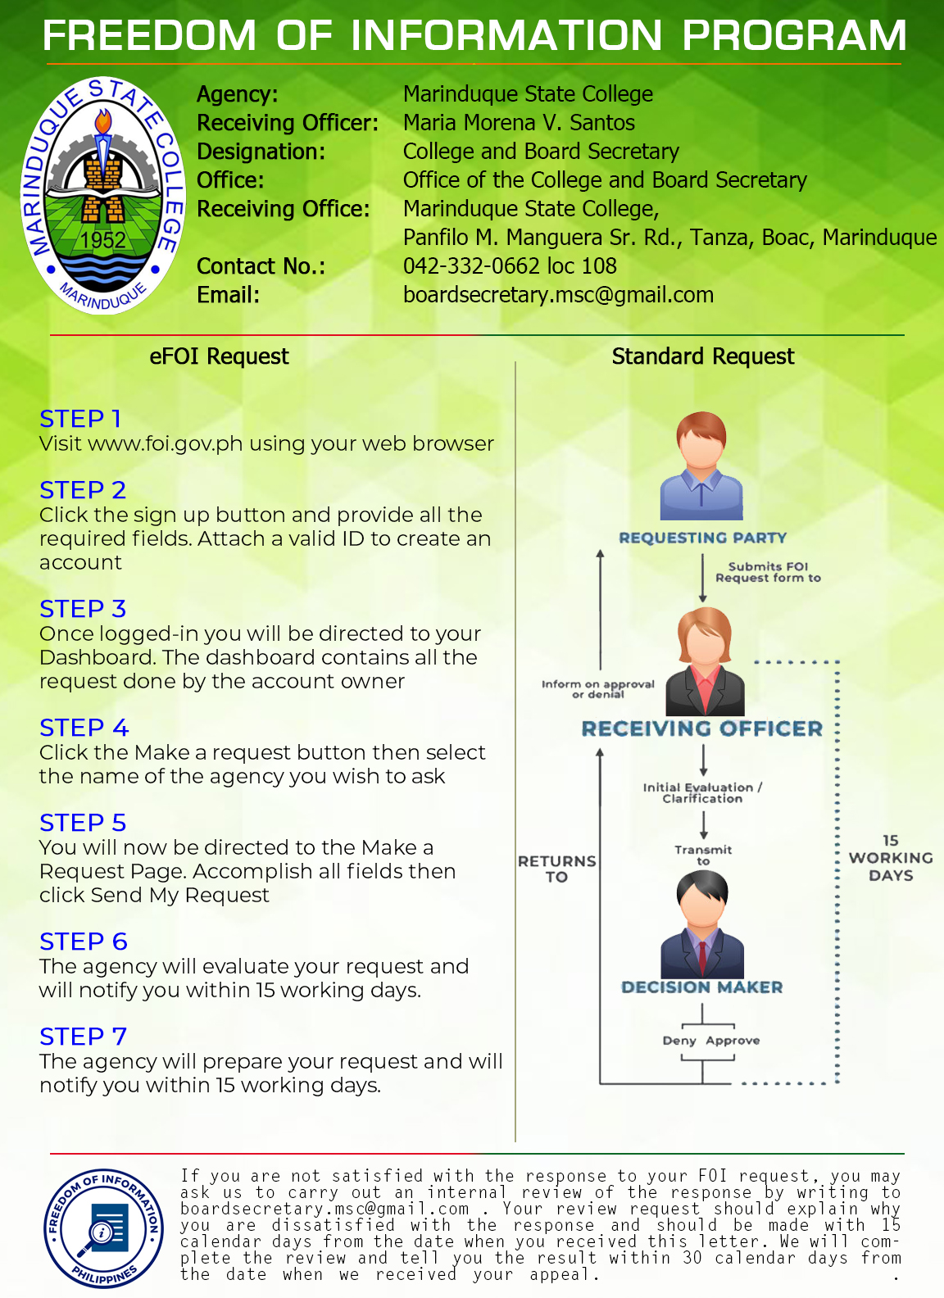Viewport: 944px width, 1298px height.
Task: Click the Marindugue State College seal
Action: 103,195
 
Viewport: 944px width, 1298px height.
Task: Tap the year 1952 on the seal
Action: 103,240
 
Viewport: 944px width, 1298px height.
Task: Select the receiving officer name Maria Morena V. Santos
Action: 519,122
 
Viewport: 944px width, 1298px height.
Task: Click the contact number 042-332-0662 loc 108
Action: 510,266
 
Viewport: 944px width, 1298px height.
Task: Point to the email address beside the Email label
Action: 558,295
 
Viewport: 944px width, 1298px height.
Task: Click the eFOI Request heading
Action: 219,356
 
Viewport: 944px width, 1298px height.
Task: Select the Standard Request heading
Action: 703,356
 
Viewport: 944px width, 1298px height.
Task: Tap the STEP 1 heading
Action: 80,419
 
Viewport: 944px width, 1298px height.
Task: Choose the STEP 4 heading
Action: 84,728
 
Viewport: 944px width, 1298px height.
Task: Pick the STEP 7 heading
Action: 84,1037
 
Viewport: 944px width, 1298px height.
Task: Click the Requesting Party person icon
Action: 701,465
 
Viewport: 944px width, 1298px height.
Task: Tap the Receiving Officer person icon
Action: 705,661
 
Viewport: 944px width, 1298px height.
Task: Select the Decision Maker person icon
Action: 702,925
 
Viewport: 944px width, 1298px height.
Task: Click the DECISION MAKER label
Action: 701,987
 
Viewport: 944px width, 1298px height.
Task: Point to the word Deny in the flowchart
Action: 679,1041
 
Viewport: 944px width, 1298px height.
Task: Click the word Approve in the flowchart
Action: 733,1041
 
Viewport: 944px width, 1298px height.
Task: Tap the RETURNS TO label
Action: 557,869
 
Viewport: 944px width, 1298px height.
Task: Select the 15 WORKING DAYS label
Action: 891,858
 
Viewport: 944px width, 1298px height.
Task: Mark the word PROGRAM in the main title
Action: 794,36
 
